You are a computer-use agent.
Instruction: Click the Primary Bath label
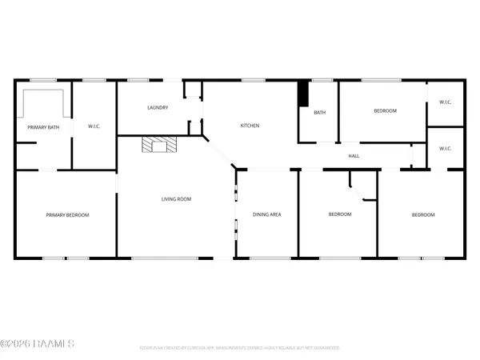(43, 127)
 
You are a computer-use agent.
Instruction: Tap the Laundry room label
(158, 107)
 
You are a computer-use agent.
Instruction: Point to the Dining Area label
(266, 214)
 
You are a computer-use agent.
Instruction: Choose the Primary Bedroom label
(67, 214)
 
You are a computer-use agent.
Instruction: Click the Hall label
(353, 155)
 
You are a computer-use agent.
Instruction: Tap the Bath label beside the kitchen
(319, 112)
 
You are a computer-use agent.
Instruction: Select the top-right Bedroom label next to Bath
(385, 110)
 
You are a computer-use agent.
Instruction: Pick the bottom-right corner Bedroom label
(423, 214)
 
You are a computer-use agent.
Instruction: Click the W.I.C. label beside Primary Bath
(93, 127)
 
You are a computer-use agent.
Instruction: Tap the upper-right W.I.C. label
(446, 102)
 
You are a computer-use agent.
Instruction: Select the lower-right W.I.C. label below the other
(446, 148)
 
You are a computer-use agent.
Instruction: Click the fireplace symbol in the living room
(158, 145)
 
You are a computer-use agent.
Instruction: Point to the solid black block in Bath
(303, 94)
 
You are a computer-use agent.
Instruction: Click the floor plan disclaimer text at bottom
(240, 348)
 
